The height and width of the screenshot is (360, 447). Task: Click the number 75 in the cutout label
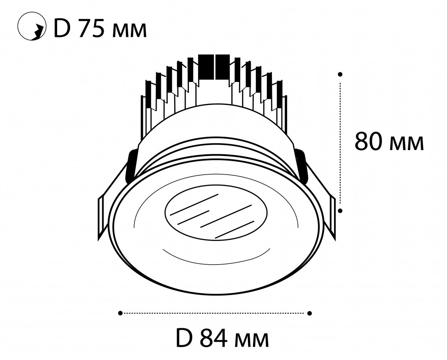(93, 29)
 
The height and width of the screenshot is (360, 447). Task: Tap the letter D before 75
(62, 29)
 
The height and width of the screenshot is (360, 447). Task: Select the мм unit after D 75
(129, 31)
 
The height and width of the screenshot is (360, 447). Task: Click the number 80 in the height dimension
(369, 141)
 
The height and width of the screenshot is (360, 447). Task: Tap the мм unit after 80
(406, 144)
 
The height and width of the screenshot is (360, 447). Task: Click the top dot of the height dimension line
(340, 74)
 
